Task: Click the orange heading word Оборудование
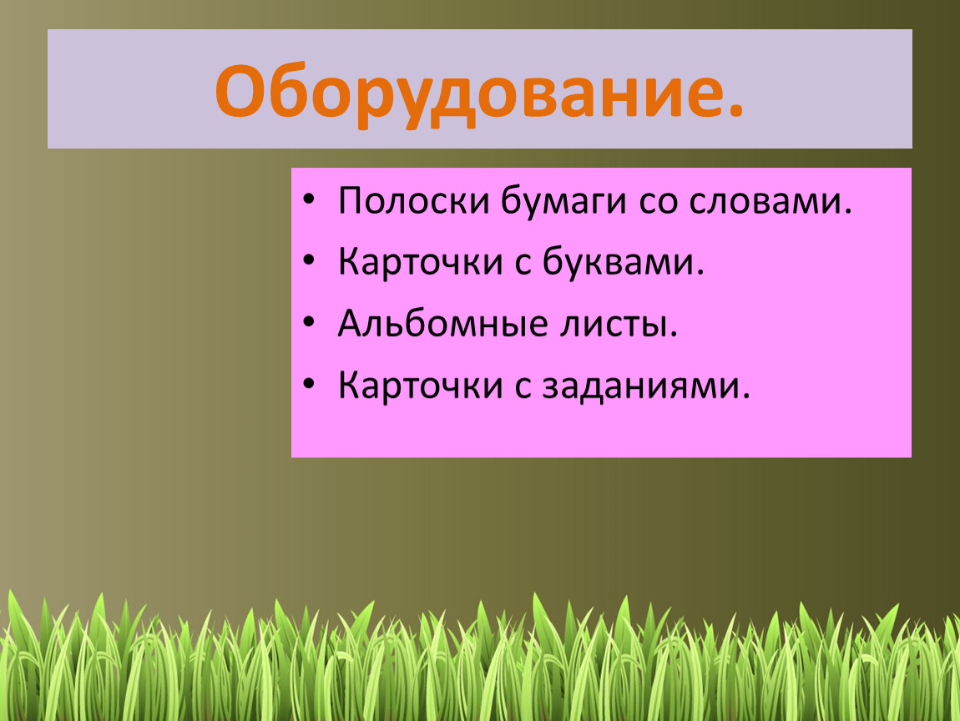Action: [471, 93]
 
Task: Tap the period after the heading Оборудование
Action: [736, 109]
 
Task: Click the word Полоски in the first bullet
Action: [414, 201]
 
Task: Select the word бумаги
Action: [563, 202]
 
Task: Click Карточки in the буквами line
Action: [421, 263]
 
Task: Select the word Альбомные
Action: [442, 324]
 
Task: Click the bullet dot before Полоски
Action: [309, 200]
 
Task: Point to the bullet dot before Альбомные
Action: [309, 323]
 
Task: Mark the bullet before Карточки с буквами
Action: [309, 261]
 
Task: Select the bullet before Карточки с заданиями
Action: [309, 385]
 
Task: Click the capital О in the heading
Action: [243, 91]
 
